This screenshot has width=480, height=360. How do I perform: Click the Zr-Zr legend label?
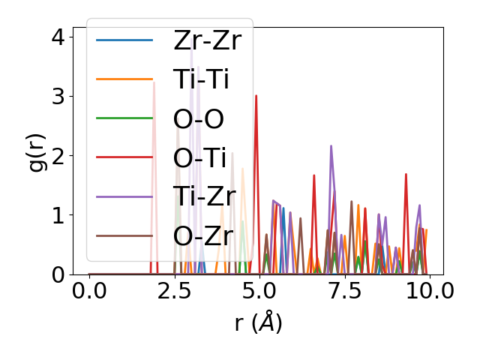click(x=207, y=40)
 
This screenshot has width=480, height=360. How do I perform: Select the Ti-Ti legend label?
click(x=201, y=79)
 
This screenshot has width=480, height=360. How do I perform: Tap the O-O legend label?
click(x=199, y=118)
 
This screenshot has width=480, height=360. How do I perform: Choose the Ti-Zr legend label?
click(x=205, y=196)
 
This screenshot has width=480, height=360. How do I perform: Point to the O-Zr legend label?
click(x=202, y=235)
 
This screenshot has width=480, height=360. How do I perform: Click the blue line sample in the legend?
click(x=124, y=40)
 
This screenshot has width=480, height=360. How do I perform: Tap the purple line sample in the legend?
click(x=124, y=196)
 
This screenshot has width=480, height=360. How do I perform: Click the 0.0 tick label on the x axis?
click(x=89, y=291)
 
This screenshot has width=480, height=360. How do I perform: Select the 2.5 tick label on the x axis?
click(x=174, y=291)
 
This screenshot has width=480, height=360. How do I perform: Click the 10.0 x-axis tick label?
click(x=425, y=291)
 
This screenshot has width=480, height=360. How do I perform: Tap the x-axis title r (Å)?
click(x=258, y=322)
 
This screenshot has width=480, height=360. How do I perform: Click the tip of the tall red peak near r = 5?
click(x=256, y=96)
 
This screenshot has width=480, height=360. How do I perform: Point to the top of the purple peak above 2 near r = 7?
click(x=331, y=146)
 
